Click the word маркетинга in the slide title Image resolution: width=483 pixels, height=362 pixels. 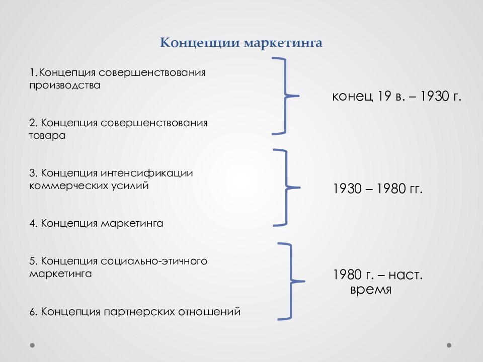tap(283, 43)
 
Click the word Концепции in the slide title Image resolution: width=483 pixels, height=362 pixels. tap(200, 43)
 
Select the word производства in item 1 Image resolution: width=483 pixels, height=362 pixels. tap(64, 85)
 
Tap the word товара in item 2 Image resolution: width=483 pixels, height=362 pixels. tap(47, 136)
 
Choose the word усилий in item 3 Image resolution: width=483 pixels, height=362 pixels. tap(132, 186)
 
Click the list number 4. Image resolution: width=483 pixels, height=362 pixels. tap(32, 223)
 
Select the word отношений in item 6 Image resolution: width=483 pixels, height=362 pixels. tap(209, 312)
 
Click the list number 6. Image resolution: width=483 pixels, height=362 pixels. tap(32, 312)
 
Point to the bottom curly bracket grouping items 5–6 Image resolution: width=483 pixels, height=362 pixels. tap(290, 281)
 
